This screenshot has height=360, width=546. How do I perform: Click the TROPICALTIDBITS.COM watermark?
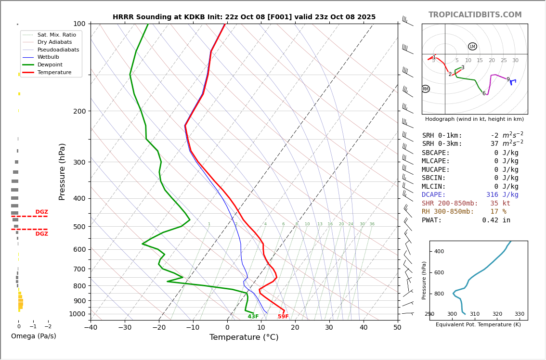[x=475, y=15]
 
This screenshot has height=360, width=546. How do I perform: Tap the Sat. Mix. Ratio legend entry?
[x=56, y=35]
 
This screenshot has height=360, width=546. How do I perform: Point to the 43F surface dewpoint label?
[x=253, y=317]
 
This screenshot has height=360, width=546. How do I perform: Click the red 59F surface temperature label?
[x=283, y=317]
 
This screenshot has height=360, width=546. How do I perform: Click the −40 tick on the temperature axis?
[x=91, y=328]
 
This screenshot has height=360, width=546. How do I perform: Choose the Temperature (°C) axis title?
[x=244, y=337]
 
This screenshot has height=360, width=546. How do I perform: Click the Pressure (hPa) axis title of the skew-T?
[x=63, y=171]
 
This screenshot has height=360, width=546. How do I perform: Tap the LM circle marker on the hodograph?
[x=472, y=47]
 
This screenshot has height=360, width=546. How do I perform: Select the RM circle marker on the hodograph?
[x=425, y=89]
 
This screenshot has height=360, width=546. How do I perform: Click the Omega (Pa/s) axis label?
[x=33, y=336]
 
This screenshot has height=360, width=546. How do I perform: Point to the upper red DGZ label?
[x=41, y=212]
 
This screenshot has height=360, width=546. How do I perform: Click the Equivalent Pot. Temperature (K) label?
[x=478, y=325]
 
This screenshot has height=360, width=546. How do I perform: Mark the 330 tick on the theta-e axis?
[x=520, y=314]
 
